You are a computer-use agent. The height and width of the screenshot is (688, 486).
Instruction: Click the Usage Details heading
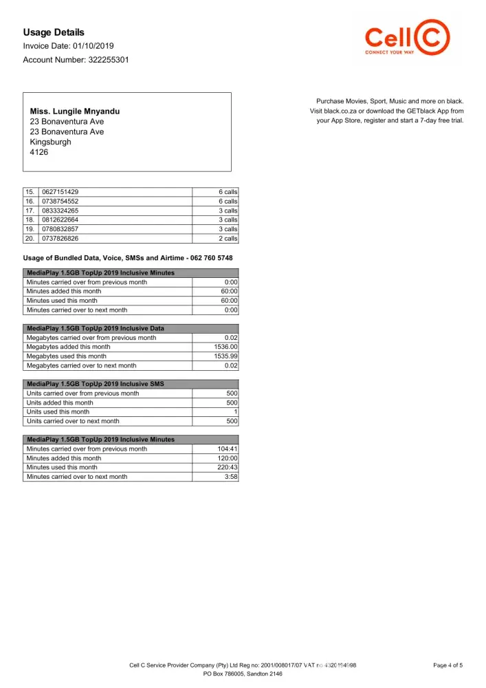point(54,32)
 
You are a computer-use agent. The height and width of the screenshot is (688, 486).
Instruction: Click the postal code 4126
point(39,152)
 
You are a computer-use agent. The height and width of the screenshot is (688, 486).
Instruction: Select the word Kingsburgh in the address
point(50,142)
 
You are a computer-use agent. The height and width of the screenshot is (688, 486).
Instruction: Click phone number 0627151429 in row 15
point(60,192)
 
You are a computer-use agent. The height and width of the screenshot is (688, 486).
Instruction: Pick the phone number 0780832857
point(60,229)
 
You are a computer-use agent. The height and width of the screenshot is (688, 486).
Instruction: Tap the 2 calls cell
point(228,239)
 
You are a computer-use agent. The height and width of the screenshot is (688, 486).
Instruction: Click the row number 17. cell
point(30,211)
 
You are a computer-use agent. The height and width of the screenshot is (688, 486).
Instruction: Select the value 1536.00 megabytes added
point(225,347)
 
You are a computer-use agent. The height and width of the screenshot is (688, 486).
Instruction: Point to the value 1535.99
point(225,356)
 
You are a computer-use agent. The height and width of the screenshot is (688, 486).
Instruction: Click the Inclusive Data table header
point(95,329)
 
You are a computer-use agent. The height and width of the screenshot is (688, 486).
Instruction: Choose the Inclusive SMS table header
point(95,384)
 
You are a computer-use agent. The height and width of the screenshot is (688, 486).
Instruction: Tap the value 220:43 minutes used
point(227,467)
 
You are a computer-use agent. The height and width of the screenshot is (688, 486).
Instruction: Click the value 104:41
point(227,449)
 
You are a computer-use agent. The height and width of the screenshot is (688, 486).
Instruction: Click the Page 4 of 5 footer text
point(448,665)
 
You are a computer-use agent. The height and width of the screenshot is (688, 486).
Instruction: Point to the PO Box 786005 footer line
point(243,674)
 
